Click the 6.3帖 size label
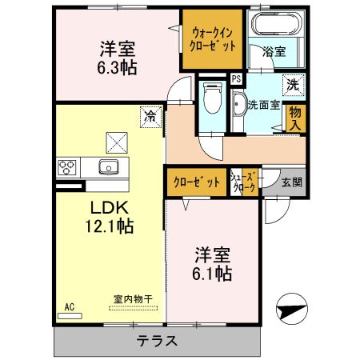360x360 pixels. click(118, 67)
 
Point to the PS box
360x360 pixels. click(236, 79)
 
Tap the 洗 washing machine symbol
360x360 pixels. click(292, 83)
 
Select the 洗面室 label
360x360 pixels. click(262, 103)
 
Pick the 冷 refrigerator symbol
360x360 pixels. click(149, 116)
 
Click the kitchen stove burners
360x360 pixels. click(66, 168)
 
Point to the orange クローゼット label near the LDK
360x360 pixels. click(196, 182)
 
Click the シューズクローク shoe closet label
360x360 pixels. click(243, 182)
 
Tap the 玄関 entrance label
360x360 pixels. click(292, 182)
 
